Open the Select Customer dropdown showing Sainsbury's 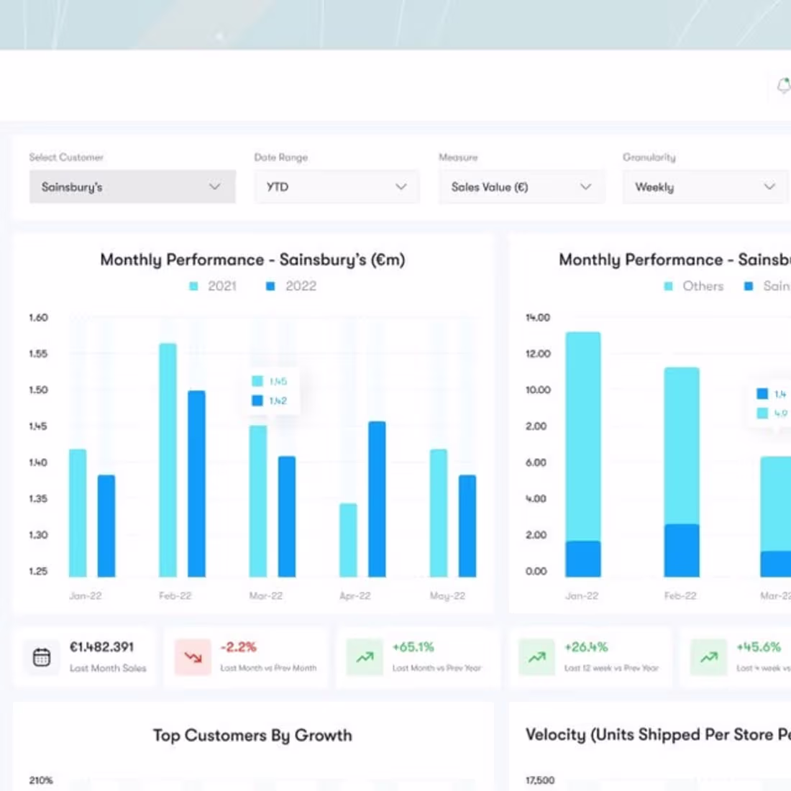pos(132,187)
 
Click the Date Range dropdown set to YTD pos(337,187)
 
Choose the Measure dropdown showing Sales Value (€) pos(521,187)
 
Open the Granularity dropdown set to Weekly pos(705,187)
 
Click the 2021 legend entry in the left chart pos(213,286)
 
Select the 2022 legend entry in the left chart pos(291,286)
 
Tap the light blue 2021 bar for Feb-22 pos(168,460)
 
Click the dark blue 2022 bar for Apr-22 pos(377,499)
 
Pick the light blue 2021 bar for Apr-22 pos(348,540)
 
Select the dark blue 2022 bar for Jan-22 pos(106,526)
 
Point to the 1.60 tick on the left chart pos(38,318)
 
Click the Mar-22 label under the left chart pos(265,596)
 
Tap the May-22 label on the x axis pos(447,596)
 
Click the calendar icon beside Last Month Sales pos(42,657)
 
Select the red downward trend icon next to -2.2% pos(193,657)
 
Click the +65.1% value pos(413,647)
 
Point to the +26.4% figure pos(585,647)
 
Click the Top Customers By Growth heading pos(252,736)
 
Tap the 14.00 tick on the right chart pos(537,318)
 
